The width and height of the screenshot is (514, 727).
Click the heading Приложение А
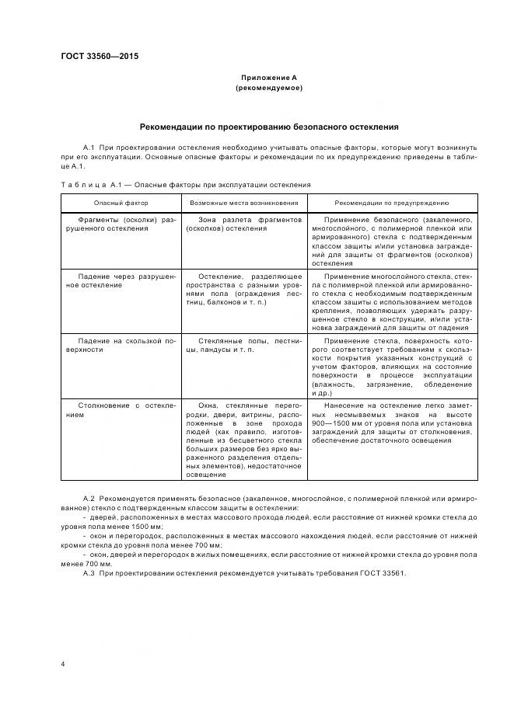(268, 78)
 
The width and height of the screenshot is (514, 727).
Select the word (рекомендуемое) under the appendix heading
(268, 88)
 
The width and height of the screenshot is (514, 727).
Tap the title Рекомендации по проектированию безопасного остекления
(268, 126)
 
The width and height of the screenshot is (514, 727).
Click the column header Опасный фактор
(121, 202)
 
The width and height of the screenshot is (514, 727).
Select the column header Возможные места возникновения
(243, 202)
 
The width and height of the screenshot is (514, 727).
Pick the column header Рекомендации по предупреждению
(392, 202)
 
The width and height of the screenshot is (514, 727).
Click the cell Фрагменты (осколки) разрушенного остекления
(121, 224)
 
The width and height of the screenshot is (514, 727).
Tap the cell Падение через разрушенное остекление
(121, 280)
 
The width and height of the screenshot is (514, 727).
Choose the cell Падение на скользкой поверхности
(121, 345)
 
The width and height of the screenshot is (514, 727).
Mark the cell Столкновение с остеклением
(121, 409)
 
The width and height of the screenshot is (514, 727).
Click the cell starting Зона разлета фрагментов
(243, 224)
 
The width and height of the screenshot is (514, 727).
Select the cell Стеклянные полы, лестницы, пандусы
(243, 345)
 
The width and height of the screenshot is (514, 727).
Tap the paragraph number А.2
(88, 496)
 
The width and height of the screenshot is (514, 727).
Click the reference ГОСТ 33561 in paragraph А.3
(383, 573)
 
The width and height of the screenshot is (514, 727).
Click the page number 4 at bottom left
(63, 664)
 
